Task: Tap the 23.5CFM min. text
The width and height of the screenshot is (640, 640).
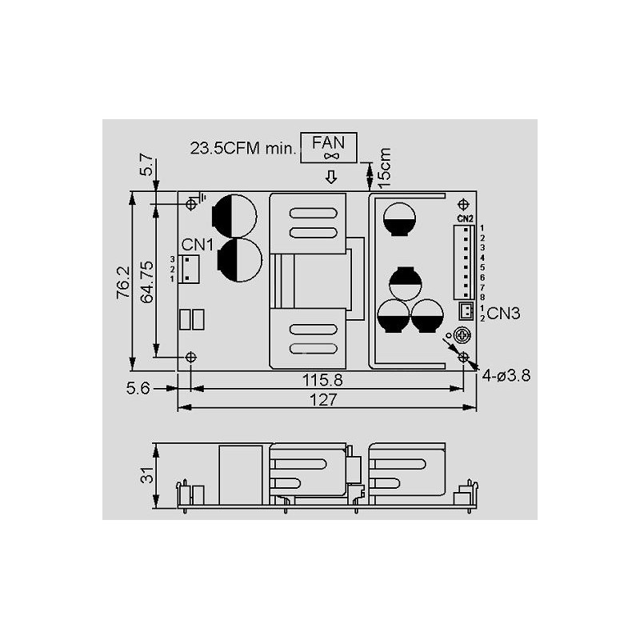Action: point(243,148)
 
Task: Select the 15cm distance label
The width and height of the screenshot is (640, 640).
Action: point(385,168)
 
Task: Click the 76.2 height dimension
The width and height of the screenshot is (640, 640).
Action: point(123,282)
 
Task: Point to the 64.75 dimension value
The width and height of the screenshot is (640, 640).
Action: point(147,282)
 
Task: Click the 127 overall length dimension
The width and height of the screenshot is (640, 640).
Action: point(323,399)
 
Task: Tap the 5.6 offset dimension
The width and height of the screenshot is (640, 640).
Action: point(138,388)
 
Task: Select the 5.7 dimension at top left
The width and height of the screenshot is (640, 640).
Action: point(146,165)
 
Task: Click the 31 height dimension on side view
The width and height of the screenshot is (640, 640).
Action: point(147,475)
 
